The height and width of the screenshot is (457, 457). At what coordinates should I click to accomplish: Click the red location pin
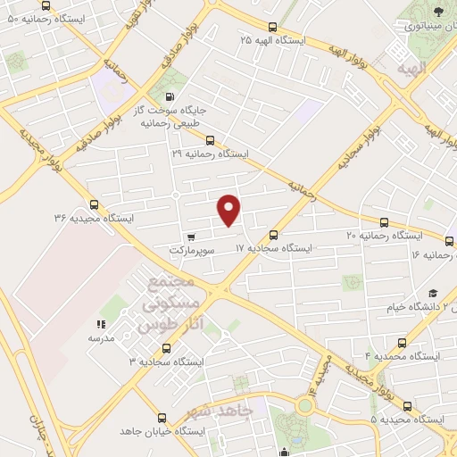[x=229, y=209]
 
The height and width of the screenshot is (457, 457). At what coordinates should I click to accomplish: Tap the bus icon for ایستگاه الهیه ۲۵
[x=272, y=27]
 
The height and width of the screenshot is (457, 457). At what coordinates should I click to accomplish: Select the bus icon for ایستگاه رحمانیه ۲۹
[x=210, y=139]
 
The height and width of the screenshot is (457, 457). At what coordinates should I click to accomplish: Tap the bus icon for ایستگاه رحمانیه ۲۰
[x=384, y=222]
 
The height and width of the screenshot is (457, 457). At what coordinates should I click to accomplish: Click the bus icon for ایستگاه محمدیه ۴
[x=401, y=342]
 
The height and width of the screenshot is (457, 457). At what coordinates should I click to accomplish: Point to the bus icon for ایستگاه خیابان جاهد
[x=162, y=417]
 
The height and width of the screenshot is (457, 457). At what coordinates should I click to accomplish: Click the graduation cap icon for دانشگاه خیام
[x=432, y=294]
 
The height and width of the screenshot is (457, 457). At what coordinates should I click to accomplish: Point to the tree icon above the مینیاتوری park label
[x=436, y=12]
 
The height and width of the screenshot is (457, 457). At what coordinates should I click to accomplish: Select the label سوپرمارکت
[x=193, y=253]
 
